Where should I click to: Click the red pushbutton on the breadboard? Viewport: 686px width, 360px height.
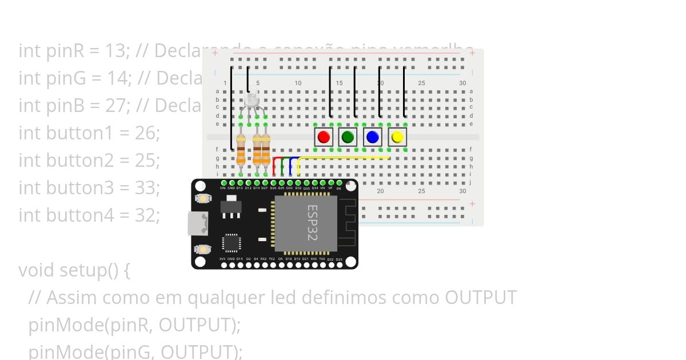324,137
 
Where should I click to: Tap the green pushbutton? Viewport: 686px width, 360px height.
348,137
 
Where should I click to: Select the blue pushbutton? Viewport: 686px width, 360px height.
373,137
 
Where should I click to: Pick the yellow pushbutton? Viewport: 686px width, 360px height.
397,137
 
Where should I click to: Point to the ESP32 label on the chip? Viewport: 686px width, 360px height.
312,223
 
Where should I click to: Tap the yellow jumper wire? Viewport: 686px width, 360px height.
343,158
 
